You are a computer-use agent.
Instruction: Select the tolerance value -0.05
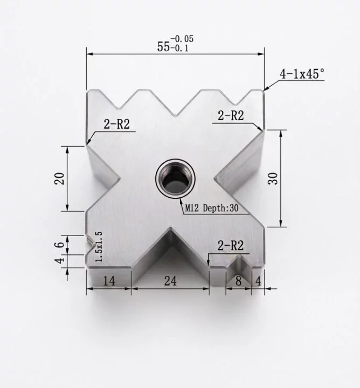182,39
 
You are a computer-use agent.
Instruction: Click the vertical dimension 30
274,178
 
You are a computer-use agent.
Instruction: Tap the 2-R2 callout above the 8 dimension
231,246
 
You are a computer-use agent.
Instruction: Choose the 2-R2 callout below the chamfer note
232,115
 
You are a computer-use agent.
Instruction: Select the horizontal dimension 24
170,280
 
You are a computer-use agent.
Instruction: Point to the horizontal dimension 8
238,280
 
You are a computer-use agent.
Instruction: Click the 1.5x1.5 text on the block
98,246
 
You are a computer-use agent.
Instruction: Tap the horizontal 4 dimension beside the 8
258,280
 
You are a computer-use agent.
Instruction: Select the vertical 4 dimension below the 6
61,260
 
